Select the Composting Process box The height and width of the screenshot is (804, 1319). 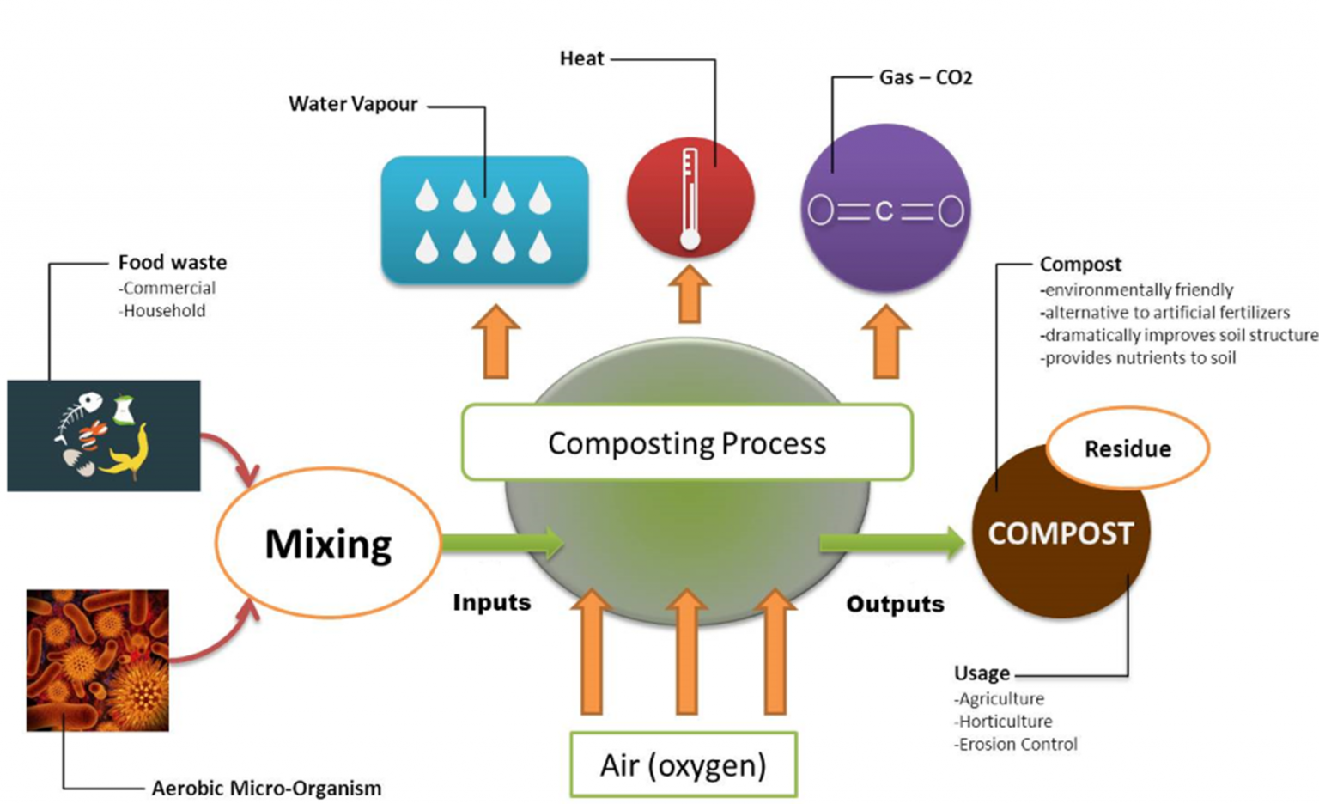pos(686,442)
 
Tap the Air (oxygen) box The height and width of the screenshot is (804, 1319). pos(684,764)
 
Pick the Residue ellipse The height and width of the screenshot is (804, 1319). pos(1127,448)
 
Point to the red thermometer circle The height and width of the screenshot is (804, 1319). pos(690,198)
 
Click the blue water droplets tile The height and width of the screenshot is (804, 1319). pos(484,220)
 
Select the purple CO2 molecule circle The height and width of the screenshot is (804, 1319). pos(885,209)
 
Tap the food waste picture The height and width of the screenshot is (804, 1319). pos(103,435)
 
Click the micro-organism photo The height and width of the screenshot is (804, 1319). pos(97,660)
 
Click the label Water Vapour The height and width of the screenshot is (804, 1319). pos(353,104)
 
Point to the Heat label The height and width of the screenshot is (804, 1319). pos(581,58)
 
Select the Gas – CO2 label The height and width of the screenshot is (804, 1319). pos(925,77)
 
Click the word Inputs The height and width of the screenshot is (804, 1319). pos(491,602)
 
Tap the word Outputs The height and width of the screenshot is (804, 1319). pos(895,604)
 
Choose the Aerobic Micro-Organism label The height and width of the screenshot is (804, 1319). pos(266,788)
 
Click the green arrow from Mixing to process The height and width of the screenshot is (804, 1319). pos(501,543)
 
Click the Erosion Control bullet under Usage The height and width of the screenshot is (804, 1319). pos(1017,744)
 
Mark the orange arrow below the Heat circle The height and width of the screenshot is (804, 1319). pos(690,295)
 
